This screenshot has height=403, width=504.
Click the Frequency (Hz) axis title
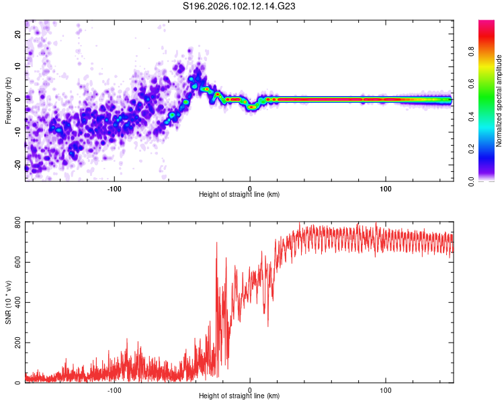tap(8, 101)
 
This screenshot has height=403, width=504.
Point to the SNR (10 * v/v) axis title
tap(8, 303)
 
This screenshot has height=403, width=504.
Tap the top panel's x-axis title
tap(239, 194)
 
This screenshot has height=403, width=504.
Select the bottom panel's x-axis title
tap(239, 396)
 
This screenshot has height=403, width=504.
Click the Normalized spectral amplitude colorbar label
tap(499, 101)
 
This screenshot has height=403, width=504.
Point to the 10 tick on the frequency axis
tap(18, 66)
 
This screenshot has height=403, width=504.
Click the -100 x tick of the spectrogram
tap(114, 187)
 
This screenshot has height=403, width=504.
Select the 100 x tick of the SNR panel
tap(386, 389)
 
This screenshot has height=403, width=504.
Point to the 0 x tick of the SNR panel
tap(250, 389)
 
